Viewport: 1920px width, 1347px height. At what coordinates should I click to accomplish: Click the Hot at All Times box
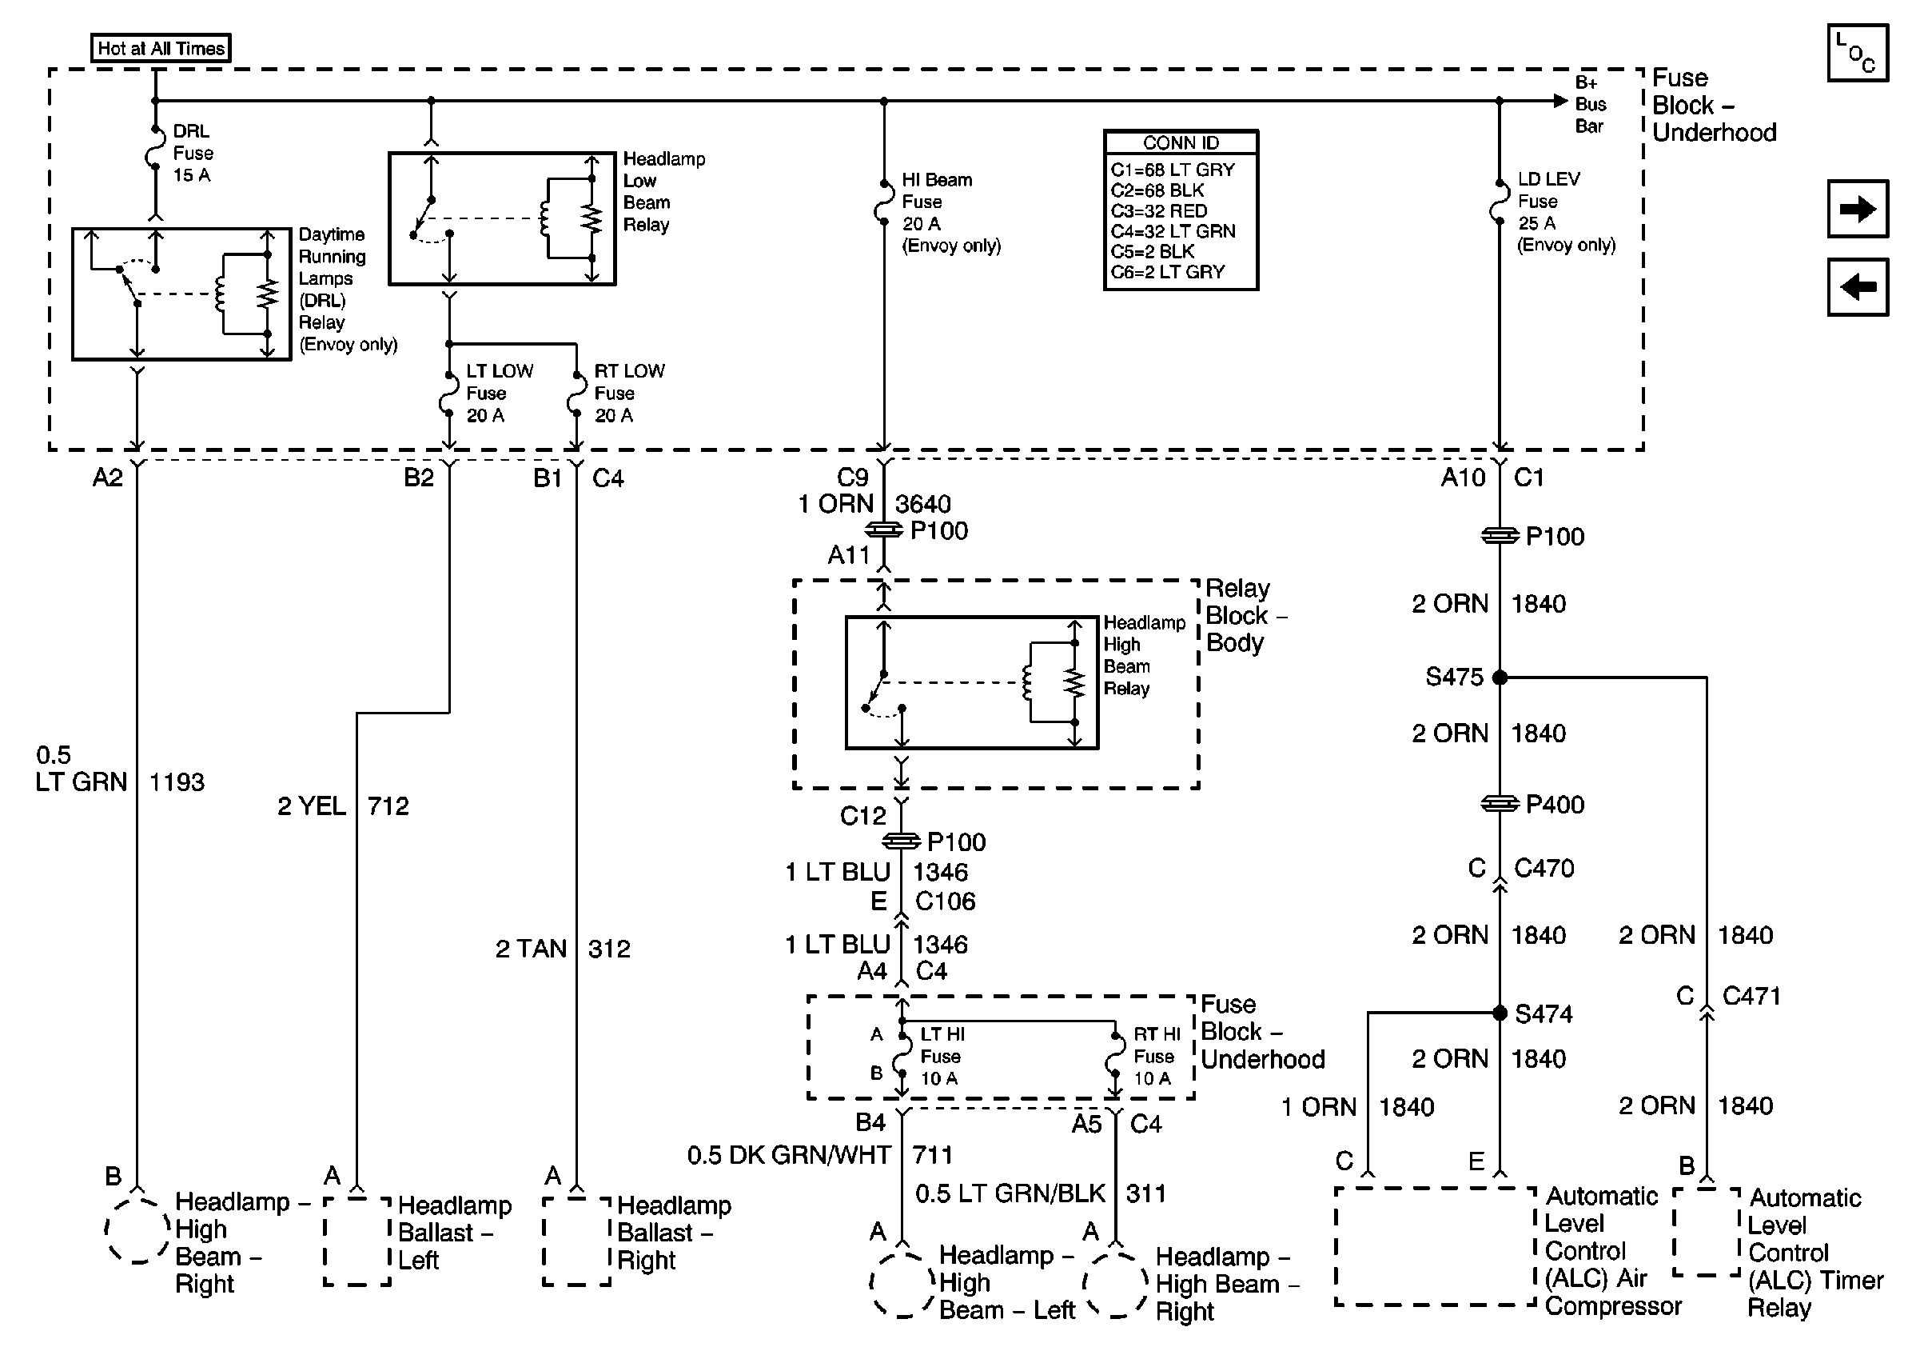pyautogui.click(x=161, y=48)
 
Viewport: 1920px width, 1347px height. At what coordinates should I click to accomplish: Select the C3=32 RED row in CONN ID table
pyautogui.click(x=1159, y=211)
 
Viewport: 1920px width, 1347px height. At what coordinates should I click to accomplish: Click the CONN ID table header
pyautogui.click(x=1180, y=142)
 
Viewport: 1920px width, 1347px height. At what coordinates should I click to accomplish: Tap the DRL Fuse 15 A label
pyautogui.click(x=193, y=153)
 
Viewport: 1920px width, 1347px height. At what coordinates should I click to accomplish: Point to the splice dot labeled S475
pyautogui.click(x=1500, y=677)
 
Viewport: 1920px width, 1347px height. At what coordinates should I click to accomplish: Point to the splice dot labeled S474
pyautogui.click(x=1500, y=1013)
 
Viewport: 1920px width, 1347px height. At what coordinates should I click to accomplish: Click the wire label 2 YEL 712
pyautogui.click(x=343, y=805)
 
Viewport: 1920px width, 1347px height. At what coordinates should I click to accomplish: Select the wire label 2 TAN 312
pyautogui.click(x=562, y=949)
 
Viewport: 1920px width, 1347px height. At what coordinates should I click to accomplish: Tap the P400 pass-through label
pyautogui.click(x=1555, y=804)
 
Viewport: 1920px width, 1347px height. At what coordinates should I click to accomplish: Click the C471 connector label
pyautogui.click(x=1751, y=996)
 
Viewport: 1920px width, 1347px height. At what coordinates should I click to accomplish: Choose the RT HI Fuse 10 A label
pyautogui.click(x=1156, y=1056)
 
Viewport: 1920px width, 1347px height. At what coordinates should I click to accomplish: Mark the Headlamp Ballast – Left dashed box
pyautogui.click(x=357, y=1241)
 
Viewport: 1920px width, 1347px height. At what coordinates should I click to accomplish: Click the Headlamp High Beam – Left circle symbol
pyautogui.click(x=902, y=1285)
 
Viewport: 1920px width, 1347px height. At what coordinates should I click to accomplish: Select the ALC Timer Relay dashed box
pyautogui.click(x=1706, y=1233)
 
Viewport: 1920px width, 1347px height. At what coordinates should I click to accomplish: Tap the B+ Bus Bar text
pyautogui.click(x=1590, y=104)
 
